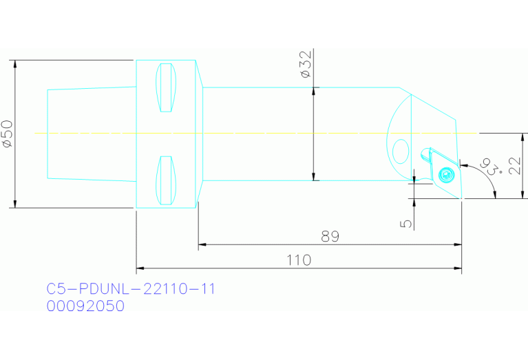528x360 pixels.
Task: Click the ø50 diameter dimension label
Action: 7,134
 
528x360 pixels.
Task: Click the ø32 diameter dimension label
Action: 306,64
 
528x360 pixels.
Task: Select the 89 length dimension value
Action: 330,236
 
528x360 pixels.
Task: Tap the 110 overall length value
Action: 299,260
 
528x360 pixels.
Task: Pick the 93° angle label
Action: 492,166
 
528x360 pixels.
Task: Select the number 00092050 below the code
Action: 85,306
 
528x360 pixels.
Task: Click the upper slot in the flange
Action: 165,87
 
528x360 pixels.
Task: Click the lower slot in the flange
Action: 165,180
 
